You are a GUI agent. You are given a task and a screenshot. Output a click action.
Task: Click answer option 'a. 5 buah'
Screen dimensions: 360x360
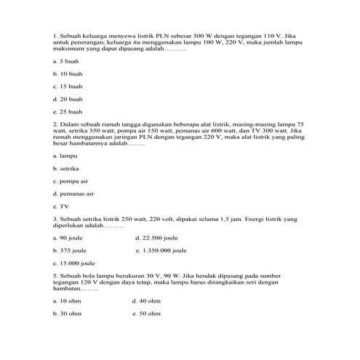pyautogui.click(x=66, y=62)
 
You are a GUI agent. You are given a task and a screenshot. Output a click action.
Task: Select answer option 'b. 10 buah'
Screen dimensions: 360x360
pyautogui.click(x=68, y=74)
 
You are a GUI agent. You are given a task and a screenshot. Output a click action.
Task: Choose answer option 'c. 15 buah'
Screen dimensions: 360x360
pyautogui.click(x=68, y=87)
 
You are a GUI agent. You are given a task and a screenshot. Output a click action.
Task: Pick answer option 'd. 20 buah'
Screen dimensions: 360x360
pyautogui.click(x=68, y=99)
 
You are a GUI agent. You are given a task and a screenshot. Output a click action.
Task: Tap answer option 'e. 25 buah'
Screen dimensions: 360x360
pyautogui.click(x=68, y=111)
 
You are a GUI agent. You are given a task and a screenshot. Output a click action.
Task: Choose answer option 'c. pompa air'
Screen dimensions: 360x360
pyautogui.click(x=71, y=181)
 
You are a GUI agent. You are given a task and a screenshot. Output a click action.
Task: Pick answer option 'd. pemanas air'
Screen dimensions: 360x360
pyautogui.click(x=73, y=193)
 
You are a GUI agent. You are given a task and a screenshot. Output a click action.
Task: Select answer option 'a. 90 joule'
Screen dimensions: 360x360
pyautogui.click(x=70, y=238)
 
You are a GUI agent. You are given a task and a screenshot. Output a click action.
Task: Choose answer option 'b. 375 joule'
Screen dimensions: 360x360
pyautogui.click(x=71, y=250)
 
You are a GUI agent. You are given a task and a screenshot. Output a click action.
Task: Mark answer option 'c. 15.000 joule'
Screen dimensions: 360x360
pyautogui.click(x=75, y=263)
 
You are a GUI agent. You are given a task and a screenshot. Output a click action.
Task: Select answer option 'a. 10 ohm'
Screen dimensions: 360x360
pyautogui.click(x=68, y=300)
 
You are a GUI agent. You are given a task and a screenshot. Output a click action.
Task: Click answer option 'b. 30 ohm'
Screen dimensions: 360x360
pyautogui.click(x=68, y=313)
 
